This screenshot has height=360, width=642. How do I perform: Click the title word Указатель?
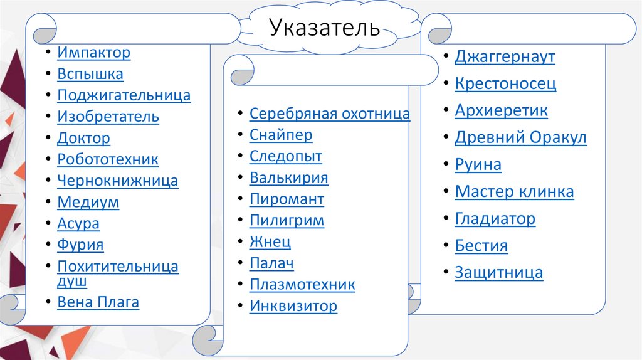(x=325, y=28)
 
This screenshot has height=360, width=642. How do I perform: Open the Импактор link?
(x=93, y=53)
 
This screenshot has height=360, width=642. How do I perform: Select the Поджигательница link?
(x=124, y=96)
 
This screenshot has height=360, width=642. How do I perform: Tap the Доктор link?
(x=83, y=139)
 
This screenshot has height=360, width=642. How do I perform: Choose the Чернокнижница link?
(x=117, y=181)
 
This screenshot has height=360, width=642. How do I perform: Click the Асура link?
(x=78, y=223)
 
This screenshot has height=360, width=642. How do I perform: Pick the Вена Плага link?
(x=98, y=302)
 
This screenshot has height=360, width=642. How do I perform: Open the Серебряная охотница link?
(x=329, y=114)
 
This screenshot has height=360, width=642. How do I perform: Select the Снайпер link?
(x=281, y=135)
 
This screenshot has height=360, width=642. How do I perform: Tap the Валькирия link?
(x=288, y=177)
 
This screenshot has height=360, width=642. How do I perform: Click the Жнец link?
(x=270, y=241)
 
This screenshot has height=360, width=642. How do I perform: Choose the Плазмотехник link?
(x=302, y=285)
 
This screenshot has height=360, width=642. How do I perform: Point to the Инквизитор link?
(x=293, y=306)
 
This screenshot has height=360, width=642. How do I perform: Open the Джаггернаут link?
(x=505, y=57)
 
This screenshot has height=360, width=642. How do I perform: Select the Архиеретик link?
(x=501, y=111)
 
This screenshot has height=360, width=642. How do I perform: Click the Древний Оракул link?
(x=520, y=138)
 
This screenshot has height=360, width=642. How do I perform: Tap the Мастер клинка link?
(x=514, y=192)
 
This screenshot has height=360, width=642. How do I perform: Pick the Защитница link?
(x=498, y=273)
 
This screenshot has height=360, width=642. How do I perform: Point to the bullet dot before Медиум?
(x=48, y=203)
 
